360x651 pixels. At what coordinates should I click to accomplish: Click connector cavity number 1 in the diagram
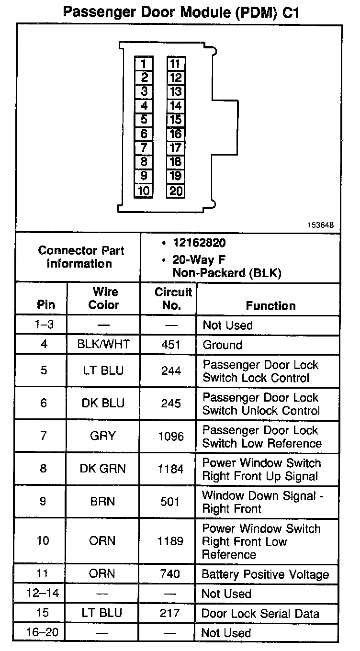(144, 64)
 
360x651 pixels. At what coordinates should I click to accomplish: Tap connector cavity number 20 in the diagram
(176, 191)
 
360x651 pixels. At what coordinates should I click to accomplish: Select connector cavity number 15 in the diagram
(176, 120)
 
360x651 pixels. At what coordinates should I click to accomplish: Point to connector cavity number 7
(144, 148)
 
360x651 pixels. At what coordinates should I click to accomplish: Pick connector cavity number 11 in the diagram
(176, 64)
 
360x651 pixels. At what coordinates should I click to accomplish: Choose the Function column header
(270, 305)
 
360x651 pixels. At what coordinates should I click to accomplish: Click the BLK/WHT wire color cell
(103, 345)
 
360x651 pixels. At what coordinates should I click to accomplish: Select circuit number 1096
(170, 436)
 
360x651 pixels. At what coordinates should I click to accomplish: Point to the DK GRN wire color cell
(103, 469)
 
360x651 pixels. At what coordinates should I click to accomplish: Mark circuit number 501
(171, 502)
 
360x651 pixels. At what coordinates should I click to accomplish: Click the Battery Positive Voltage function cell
(265, 574)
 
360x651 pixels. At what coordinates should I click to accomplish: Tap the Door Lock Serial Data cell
(259, 613)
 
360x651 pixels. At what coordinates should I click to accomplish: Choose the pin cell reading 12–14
(43, 594)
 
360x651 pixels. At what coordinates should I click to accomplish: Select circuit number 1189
(170, 541)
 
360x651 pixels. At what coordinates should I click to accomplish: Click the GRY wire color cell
(103, 436)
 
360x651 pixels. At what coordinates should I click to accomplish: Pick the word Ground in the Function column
(222, 345)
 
